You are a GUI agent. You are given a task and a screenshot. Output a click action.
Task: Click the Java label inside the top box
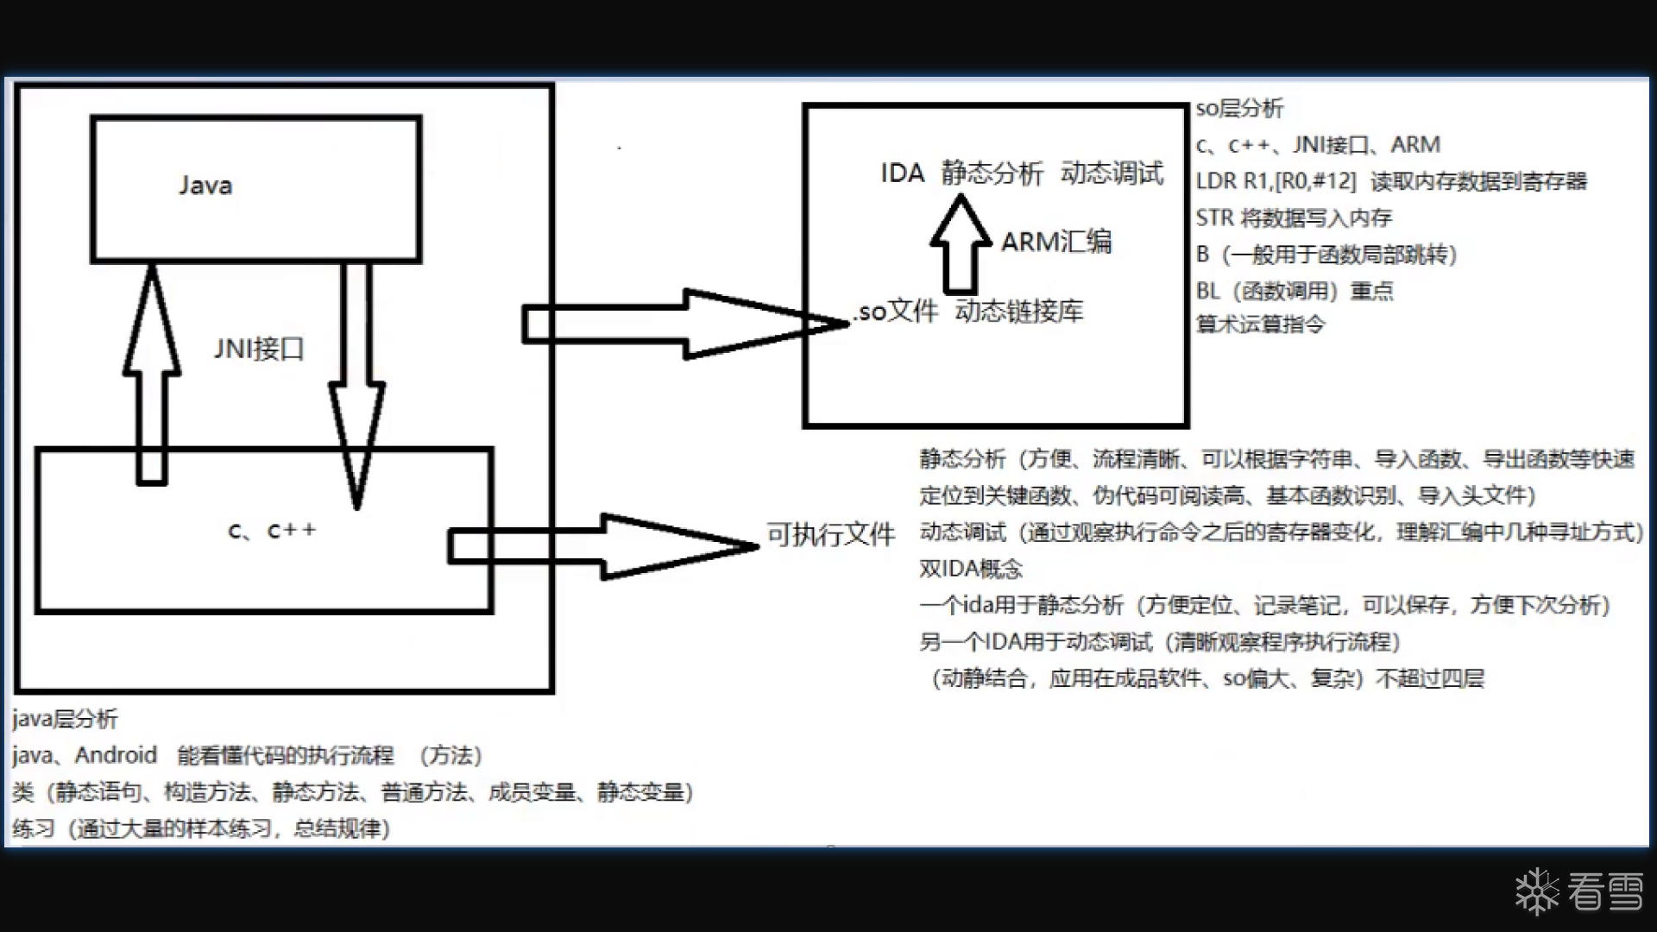tap(205, 186)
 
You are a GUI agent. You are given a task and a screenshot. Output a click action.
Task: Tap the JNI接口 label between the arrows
tap(259, 349)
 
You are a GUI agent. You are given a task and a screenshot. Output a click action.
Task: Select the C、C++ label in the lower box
tap(272, 530)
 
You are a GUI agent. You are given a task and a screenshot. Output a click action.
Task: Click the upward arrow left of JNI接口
tap(152, 371)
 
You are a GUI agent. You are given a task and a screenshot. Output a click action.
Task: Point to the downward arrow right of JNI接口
tap(356, 388)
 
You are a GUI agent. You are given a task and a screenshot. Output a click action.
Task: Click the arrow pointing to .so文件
tap(682, 324)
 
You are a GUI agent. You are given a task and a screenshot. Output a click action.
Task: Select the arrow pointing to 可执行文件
tap(604, 546)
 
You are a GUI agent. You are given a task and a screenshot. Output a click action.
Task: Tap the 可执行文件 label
tap(830, 535)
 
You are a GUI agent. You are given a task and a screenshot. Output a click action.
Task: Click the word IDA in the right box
tap(902, 173)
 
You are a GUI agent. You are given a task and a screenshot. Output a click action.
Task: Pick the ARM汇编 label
tap(1056, 242)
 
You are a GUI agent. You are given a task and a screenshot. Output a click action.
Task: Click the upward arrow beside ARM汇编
tap(960, 246)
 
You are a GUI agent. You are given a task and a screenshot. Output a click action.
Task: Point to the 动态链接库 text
tap(1018, 311)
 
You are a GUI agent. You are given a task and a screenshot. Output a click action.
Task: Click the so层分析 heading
tap(1239, 109)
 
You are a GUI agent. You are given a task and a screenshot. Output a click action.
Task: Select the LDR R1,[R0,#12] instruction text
tap(1276, 181)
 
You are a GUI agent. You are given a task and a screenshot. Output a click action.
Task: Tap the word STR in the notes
tap(1214, 217)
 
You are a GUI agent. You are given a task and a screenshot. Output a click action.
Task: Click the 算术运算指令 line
tap(1260, 324)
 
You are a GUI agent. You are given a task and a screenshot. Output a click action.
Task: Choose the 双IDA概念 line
tap(971, 569)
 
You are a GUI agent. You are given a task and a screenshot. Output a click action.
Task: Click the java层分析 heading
tap(65, 719)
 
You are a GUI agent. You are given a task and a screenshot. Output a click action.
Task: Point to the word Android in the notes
tap(116, 755)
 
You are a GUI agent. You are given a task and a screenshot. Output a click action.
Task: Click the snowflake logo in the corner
tap(1537, 891)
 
